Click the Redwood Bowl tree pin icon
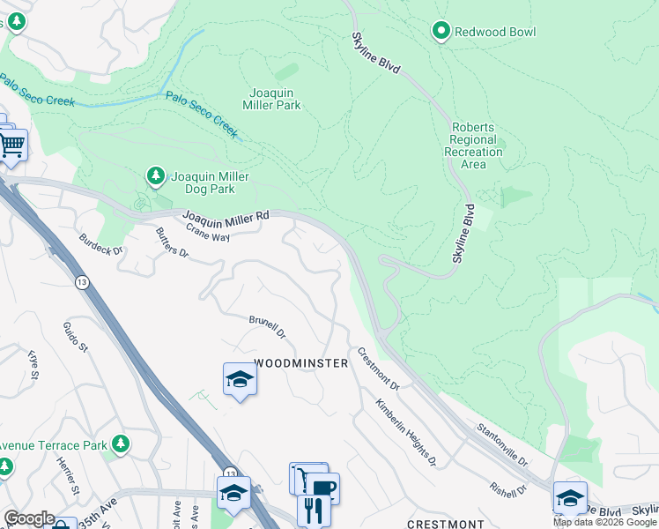pyautogui.click(x=441, y=32)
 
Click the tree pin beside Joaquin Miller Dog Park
pyautogui.click(x=156, y=176)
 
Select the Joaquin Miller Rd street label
pyautogui.click(x=226, y=216)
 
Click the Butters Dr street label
pyautogui.click(x=172, y=242)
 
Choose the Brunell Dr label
pyautogui.click(x=268, y=327)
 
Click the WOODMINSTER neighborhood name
pyautogui.click(x=301, y=363)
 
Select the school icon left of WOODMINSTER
pyautogui.click(x=240, y=379)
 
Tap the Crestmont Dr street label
pyautogui.click(x=378, y=369)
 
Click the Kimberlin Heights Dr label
pyautogui.click(x=405, y=432)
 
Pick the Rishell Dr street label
pyautogui.click(x=508, y=488)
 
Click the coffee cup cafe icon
pyautogui.click(x=322, y=488)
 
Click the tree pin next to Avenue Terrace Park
pyautogui.click(x=121, y=445)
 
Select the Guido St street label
pyautogui.click(x=75, y=338)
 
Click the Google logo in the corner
pyautogui.click(x=29, y=518)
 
